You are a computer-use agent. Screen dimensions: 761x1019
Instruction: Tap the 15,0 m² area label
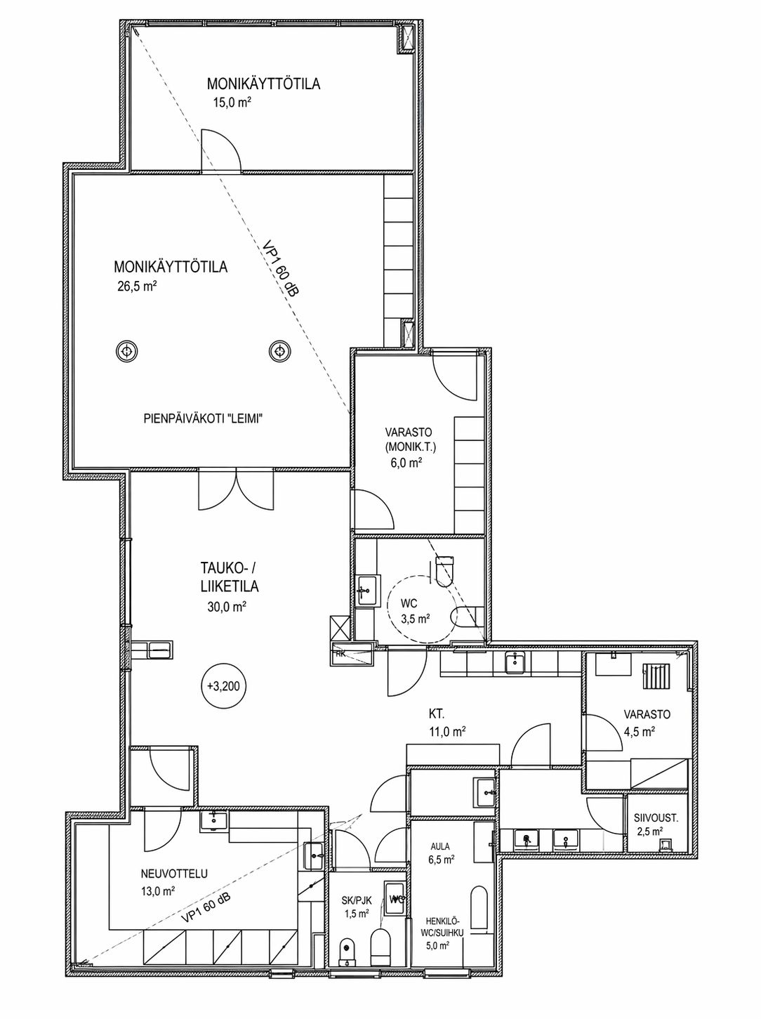[x=232, y=103]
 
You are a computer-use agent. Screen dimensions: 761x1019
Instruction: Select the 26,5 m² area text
[x=137, y=286]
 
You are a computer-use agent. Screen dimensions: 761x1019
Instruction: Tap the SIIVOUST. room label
[x=656, y=820]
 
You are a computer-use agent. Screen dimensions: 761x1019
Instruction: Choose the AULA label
[x=439, y=846]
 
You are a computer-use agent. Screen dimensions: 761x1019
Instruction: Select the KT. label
[x=437, y=714]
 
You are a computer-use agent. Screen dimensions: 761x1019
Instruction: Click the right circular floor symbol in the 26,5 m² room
[x=279, y=351]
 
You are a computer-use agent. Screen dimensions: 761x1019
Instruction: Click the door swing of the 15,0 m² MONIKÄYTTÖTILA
[x=221, y=150]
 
